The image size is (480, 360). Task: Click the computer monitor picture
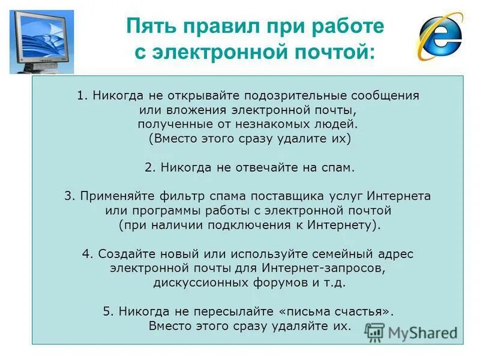(41, 41)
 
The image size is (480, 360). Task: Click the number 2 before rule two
(148, 167)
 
